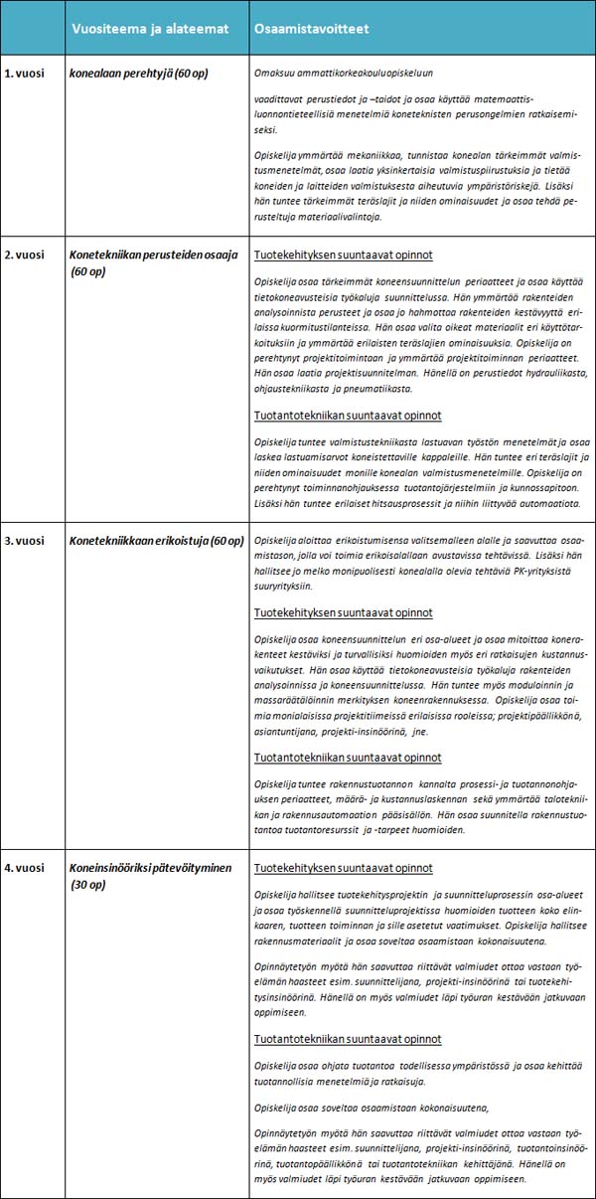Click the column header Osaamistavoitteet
[x=311, y=29]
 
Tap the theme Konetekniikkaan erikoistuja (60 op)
[x=157, y=541]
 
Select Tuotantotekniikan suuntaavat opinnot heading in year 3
[x=348, y=757]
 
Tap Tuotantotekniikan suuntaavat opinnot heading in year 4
[x=348, y=1039]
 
